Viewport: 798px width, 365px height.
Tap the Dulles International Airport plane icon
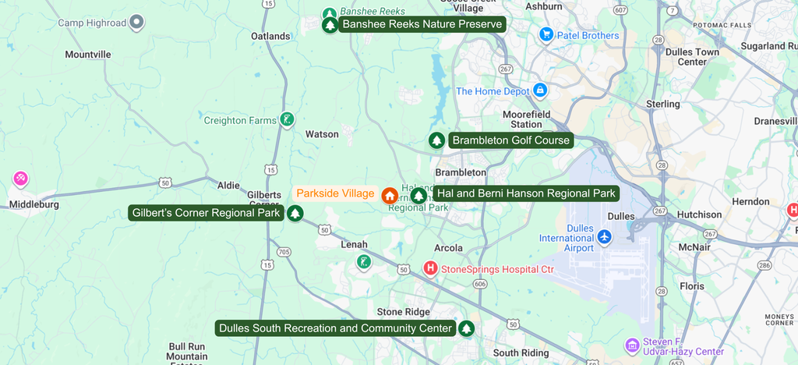604,236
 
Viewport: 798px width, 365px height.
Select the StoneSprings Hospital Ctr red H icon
430,269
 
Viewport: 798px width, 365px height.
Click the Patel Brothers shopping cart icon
546,35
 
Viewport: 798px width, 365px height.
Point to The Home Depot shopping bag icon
539,91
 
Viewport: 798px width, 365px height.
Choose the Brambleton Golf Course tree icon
437,140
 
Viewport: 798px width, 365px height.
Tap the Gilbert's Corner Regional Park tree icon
295,213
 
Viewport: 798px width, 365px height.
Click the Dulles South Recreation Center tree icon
466,328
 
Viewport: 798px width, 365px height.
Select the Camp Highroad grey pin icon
137,22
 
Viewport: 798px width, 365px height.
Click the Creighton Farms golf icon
288,119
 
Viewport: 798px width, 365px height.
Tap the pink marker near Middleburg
20,179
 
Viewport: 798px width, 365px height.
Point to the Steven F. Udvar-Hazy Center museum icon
632,345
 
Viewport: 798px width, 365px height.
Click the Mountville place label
88,55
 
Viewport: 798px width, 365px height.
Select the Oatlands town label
270,36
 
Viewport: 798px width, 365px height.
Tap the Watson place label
322,134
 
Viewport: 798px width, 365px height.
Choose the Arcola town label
448,248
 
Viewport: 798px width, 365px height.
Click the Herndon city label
750,201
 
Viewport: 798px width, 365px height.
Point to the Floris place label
690,286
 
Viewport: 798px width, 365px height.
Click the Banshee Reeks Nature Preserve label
422,24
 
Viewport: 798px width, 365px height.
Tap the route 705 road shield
284,252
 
